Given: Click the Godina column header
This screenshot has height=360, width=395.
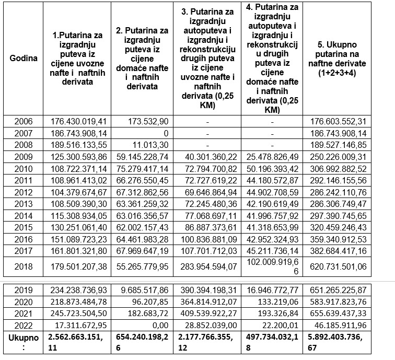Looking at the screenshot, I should click(x=24, y=58).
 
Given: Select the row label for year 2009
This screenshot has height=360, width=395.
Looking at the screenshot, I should click(x=24, y=156).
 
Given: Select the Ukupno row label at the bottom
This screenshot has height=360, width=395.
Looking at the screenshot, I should click(x=24, y=342).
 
